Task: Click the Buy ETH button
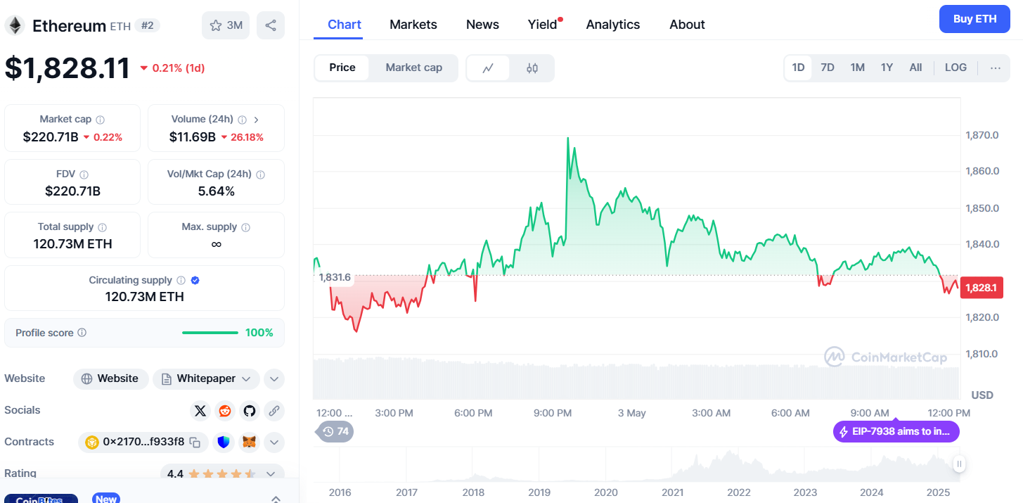pos(974,19)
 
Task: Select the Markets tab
pos(413,25)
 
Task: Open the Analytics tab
pos(612,25)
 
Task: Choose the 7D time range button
pos(828,68)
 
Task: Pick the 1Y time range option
pos(887,68)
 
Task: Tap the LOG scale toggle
pos(956,68)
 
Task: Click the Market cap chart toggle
pos(413,68)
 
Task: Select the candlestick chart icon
pos(532,68)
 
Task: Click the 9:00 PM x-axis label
pos(553,413)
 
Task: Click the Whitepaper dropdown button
pos(207,378)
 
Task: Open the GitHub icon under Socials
pos(249,411)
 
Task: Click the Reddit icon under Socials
pos(225,411)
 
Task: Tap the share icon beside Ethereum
pos(271,25)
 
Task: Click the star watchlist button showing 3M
pos(226,25)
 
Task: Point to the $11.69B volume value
pos(192,137)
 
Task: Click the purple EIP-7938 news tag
pos(896,431)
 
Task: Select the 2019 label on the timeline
pos(539,492)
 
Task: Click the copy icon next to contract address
pos(195,442)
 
